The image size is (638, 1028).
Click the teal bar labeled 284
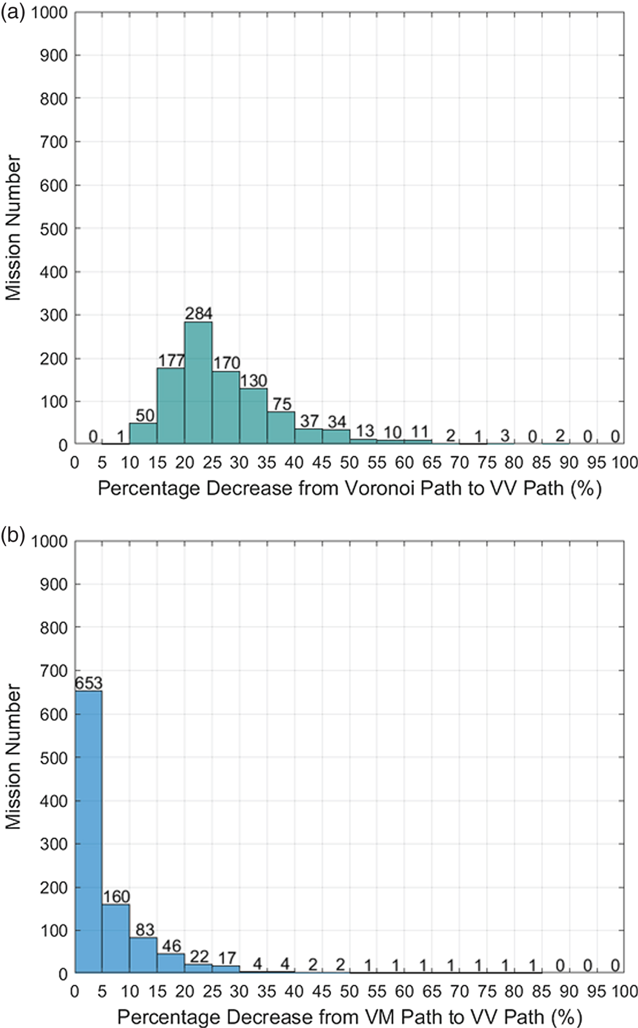coord(198,383)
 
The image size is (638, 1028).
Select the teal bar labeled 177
coord(171,406)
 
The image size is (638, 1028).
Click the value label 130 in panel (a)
coord(254,380)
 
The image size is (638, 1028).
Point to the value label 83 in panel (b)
coord(144,930)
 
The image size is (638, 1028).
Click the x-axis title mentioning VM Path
coord(350,1018)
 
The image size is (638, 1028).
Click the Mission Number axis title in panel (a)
coord(14,228)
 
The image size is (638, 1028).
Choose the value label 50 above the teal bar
coord(145,416)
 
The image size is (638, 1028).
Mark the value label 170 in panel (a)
coord(226,363)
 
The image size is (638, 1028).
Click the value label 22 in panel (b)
coord(199,956)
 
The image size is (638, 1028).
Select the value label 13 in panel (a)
coord(365,431)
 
